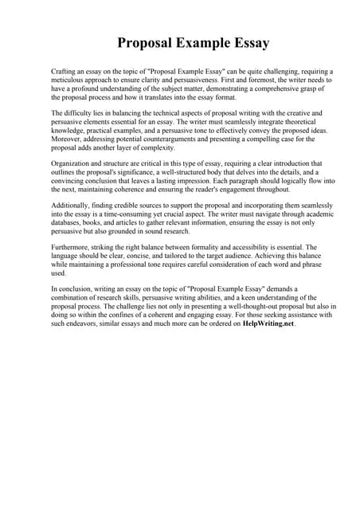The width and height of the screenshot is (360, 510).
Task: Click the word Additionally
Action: pyautogui.click(x=72, y=206)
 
